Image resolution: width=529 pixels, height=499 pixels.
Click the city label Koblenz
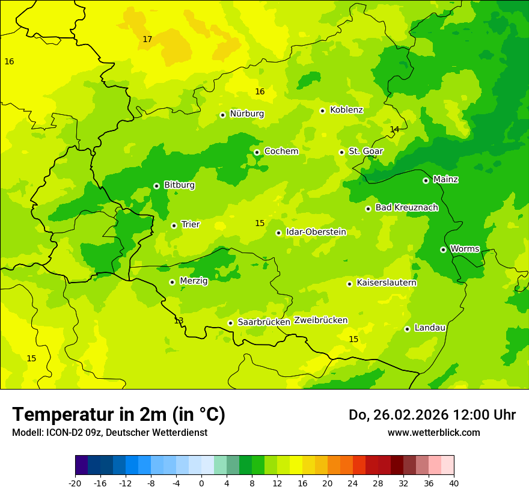346,110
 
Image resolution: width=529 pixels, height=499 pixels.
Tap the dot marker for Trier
174,225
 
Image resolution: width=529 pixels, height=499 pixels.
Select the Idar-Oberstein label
316,232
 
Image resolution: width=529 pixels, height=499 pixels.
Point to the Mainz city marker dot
426,180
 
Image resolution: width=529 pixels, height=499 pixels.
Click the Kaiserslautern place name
387,283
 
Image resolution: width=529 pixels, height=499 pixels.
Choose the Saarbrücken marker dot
230,323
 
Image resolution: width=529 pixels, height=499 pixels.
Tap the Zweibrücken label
320,320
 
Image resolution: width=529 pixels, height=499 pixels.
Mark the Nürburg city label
246,114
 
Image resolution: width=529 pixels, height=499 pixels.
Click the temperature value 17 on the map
147,40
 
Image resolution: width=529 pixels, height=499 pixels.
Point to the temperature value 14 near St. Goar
394,130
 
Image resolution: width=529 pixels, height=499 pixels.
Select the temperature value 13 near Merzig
179,320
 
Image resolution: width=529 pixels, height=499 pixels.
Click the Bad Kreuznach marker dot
368,209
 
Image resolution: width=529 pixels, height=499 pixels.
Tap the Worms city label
465,249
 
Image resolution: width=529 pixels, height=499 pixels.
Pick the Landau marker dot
407,329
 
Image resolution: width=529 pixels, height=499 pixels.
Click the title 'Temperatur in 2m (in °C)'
118,415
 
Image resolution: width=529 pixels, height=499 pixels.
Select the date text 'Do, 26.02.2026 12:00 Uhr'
432,415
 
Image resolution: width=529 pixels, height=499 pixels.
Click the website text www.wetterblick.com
433,433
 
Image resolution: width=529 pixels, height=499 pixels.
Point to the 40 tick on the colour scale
454,483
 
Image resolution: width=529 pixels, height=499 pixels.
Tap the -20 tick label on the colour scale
75,483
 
